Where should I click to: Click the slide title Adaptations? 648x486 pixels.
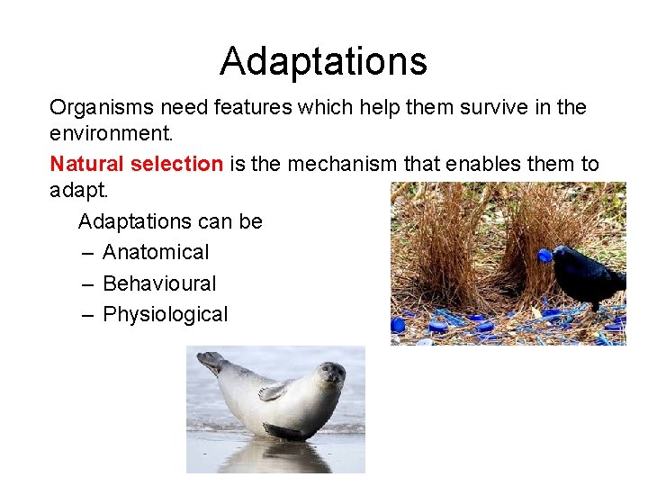pos(323,61)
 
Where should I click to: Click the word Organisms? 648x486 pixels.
pos(101,108)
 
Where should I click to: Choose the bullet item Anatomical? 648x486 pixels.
pos(156,253)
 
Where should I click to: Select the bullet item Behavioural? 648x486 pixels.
pos(159,283)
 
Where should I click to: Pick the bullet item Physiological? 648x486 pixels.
pos(166,314)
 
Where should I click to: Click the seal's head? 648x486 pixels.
pos(330,373)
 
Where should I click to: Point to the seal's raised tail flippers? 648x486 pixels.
pos(212,361)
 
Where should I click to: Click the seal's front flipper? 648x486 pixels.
pos(274,391)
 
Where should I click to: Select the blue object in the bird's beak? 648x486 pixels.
pos(544,255)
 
